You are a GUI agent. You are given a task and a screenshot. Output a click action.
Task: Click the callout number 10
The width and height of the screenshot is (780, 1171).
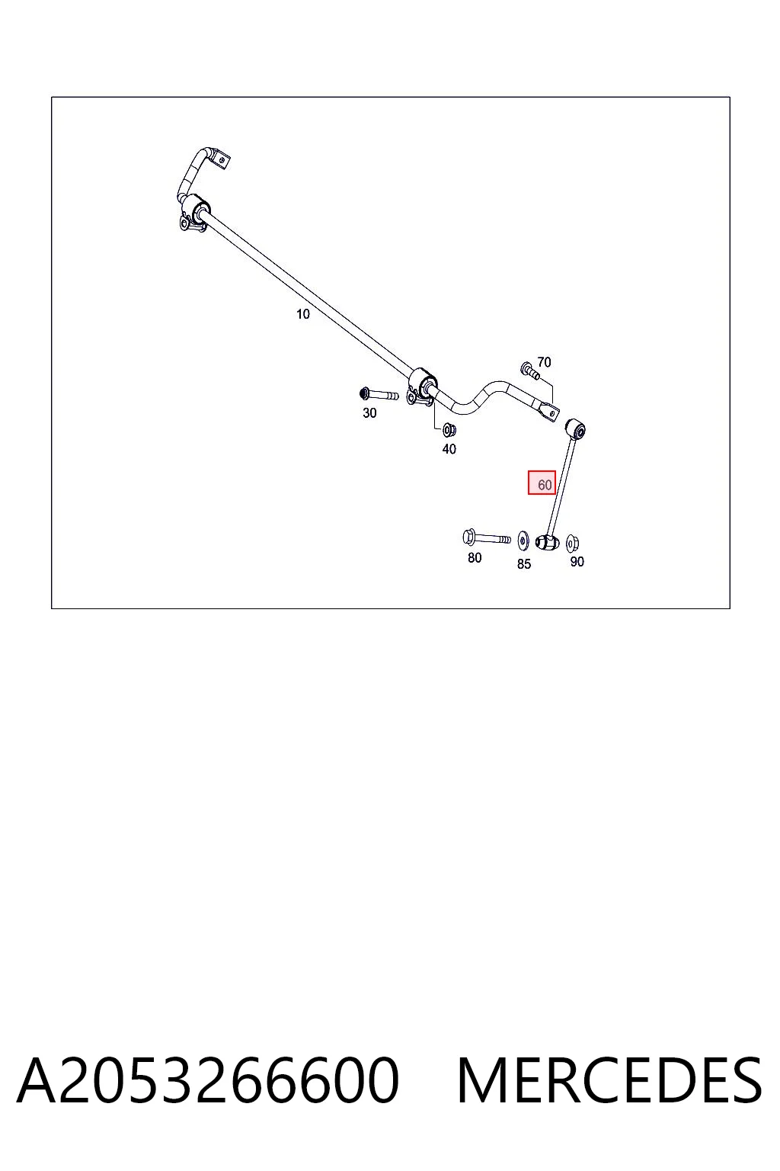[x=302, y=313]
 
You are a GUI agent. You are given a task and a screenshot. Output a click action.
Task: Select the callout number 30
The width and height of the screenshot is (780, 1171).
[x=369, y=413]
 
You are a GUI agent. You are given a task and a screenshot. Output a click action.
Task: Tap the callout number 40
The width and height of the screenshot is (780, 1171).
[x=449, y=449]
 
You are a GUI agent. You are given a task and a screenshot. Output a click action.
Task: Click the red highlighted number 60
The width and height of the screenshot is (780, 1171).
[x=542, y=483]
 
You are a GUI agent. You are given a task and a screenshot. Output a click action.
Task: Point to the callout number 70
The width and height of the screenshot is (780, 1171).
[x=544, y=362]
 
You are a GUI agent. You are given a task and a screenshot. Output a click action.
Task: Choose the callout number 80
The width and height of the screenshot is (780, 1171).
[x=475, y=558]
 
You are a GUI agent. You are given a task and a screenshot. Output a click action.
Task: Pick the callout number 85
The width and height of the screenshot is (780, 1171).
[x=524, y=563]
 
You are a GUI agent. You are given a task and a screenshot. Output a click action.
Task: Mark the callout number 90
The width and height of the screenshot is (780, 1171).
[x=577, y=561]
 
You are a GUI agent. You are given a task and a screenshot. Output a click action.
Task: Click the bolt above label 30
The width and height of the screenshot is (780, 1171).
[x=379, y=394]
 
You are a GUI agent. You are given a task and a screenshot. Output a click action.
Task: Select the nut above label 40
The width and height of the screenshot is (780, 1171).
[x=449, y=430]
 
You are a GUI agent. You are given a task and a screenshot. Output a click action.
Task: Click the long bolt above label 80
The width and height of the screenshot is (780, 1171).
[x=487, y=538]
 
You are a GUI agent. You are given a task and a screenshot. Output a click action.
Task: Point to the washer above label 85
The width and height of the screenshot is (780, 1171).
[x=523, y=541]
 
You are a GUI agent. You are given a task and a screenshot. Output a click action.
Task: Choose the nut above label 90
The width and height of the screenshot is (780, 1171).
[x=572, y=543]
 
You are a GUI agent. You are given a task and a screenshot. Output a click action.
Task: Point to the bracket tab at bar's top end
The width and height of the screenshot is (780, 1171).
[x=222, y=160]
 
